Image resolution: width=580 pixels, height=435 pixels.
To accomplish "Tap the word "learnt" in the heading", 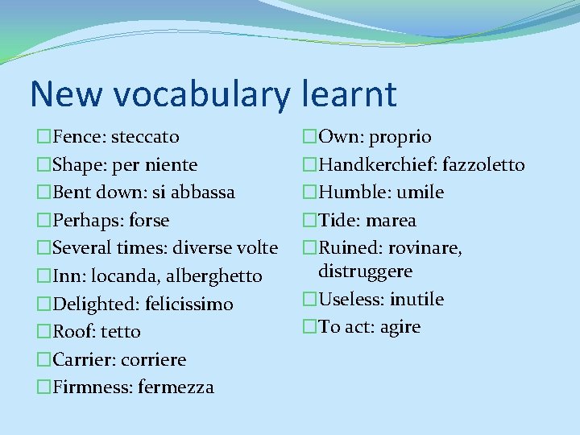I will click(x=350, y=93).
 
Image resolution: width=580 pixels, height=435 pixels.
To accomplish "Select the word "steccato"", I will click(x=145, y=137).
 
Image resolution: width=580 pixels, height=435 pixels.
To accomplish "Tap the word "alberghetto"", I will click(x=213, y=276).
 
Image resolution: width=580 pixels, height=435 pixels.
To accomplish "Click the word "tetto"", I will click(x=122, y=332).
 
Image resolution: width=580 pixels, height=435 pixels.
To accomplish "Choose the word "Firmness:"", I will click(x=93, y=387).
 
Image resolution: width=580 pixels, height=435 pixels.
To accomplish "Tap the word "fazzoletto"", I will click(x=478, y=165).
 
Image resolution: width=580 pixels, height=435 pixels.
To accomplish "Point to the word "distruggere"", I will click(x=365, y=271).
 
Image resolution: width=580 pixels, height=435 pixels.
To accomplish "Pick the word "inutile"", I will click(x=416, y=300).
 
